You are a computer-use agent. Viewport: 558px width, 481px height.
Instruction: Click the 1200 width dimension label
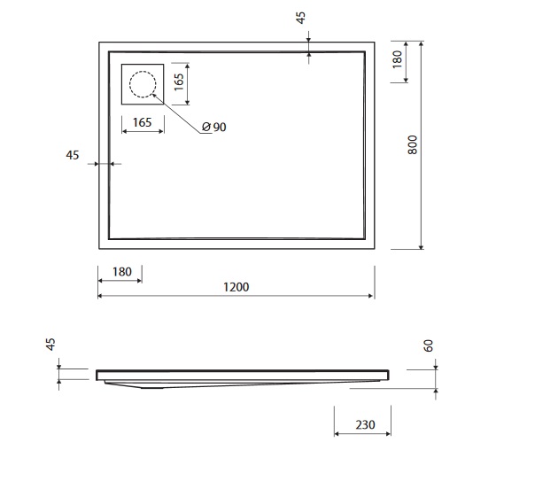(x=236, y=287)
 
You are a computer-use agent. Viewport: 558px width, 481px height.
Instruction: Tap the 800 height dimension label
(x=412, y=144)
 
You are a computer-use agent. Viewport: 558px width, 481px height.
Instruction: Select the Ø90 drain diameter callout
(x=214, y=127)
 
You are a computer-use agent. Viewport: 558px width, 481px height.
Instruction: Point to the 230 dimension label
(x=365, y=424)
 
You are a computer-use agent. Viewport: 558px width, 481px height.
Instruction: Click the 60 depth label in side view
(x=429, y=345)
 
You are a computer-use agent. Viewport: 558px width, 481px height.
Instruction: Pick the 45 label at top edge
(x=301, y=18)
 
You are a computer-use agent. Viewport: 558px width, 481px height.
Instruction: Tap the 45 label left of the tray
(x=73, y=155)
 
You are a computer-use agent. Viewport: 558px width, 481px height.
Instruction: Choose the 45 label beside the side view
(x=50, y=345)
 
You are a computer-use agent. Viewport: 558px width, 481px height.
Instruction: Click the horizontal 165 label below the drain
(x=143, y=122)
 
